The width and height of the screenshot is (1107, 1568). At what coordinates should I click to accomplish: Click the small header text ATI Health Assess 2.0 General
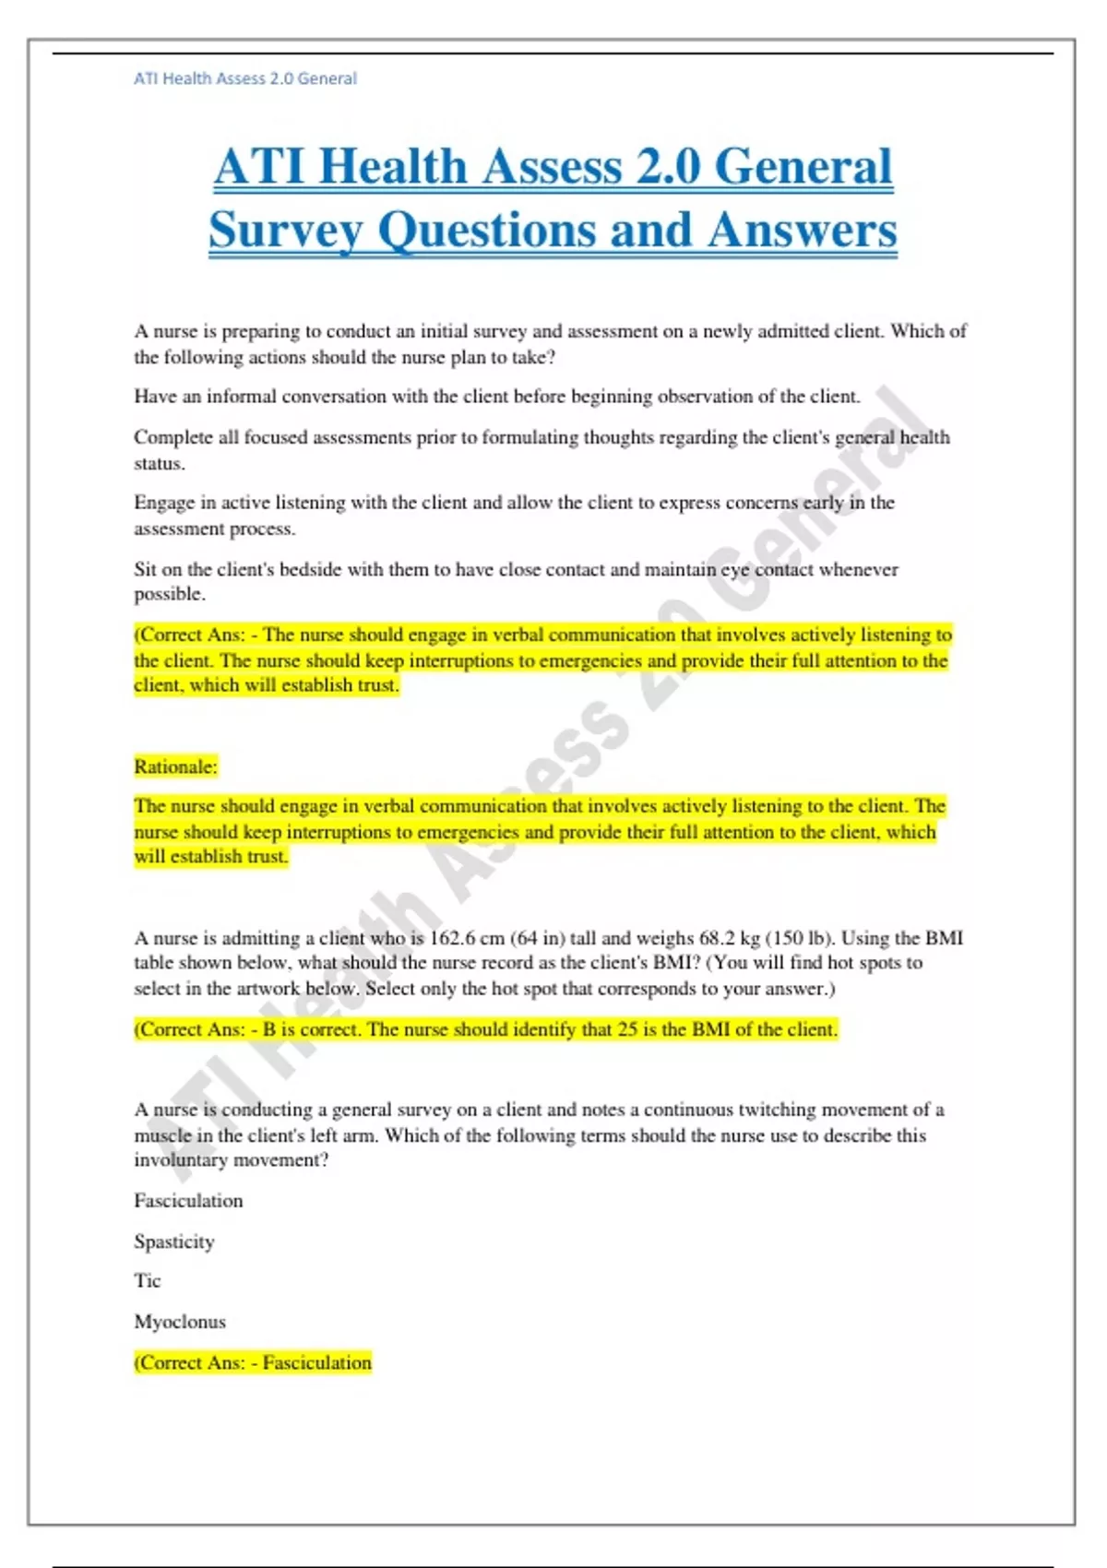[x=245, y=78]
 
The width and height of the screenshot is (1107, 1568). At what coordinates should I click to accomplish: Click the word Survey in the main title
[x=286, y=231]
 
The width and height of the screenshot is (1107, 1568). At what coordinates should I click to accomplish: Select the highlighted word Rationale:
[x=175, y=766]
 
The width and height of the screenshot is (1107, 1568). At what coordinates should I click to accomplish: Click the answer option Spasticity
[x=174, y=1241]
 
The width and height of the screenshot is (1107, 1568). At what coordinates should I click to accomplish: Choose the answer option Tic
[x=148, y=1281]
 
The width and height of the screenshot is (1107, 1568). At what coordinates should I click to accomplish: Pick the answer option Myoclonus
[x=180, y=1322]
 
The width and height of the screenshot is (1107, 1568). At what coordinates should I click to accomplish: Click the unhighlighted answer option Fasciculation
[x=188, y=1201]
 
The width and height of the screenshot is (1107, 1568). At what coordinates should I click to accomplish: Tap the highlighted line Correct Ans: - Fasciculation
[x=253, y=1362]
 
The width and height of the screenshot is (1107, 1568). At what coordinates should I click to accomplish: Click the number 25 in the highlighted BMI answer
[x=627, y=1029]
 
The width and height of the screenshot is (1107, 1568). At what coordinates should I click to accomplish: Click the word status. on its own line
[x=160, y=463]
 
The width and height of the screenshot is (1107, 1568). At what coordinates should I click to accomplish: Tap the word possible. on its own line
[x=170, y=594]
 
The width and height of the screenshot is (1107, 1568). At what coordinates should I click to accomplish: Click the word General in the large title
[x=803, y=167]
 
